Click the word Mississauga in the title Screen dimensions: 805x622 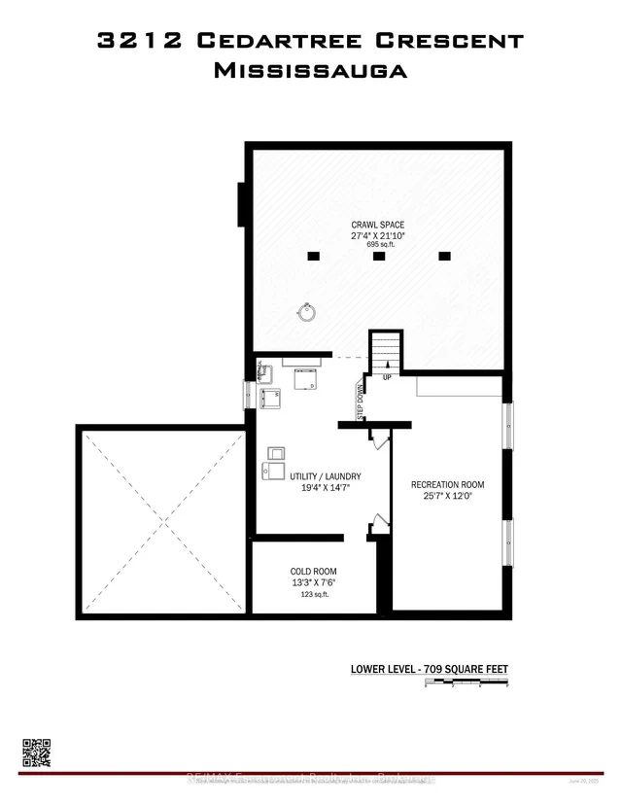[x=311, y=71]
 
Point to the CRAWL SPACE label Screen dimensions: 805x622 [x=377, y=225]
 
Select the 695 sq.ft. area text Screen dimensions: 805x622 [x=377, y=245]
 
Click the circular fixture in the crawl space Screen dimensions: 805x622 [x=308, y=312]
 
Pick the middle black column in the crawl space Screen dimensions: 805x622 [x=379, y=257]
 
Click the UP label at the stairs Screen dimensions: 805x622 [x=387, y=377]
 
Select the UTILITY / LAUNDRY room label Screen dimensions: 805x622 [x=326, y=476]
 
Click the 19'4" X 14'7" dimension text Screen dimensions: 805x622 [x=326, y=489]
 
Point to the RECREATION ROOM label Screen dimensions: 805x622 [x=447, y=484]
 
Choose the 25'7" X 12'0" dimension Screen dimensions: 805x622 [x=447, y=498]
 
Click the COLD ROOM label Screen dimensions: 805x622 [x=313, y=572]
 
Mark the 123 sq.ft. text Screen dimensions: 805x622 [x=313, y=594]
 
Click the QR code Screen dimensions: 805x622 [x=36, y=752]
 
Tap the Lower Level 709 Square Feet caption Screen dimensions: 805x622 [x=429, y=669]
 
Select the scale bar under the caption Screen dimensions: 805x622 [x=467, y=685]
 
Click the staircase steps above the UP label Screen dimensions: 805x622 [x=386, y=348]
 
